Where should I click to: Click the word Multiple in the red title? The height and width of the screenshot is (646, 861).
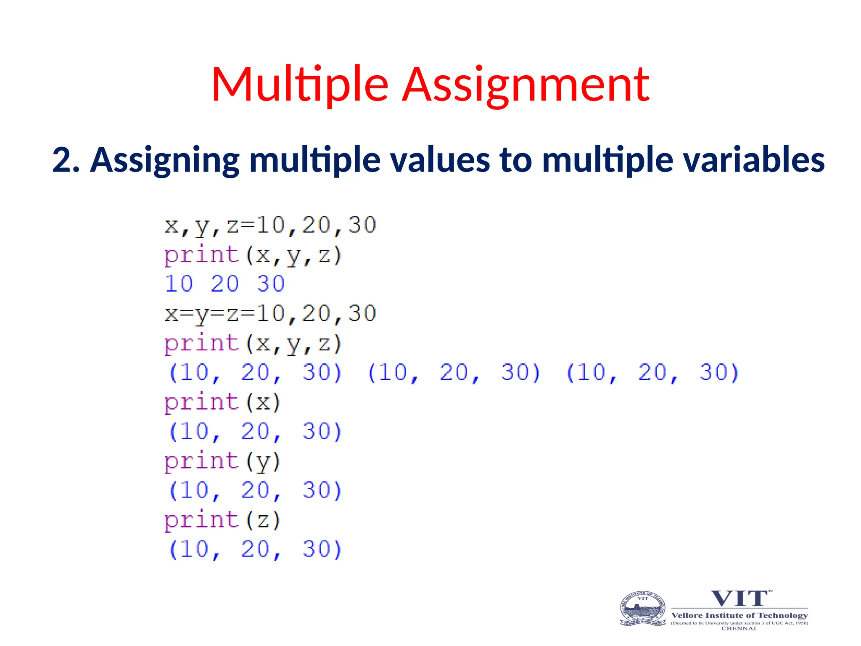tap(299, 85)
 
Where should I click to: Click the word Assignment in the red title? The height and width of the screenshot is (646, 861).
tap(526, 85)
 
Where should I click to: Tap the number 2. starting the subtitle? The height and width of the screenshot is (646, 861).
tap(66, 160)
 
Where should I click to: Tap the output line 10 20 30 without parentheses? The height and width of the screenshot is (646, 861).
tap(224, 284)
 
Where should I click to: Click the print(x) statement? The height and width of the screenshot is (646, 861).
tap(222, 402)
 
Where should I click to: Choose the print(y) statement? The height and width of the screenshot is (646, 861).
tap(222, 462)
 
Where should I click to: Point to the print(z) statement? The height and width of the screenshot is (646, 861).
tap(222, 521)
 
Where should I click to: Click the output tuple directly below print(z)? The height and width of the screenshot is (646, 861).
tap(256, 550)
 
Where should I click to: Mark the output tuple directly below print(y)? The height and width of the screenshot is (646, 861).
tap(256, 491)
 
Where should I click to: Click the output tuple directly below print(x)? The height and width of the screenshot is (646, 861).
tap(256, 432)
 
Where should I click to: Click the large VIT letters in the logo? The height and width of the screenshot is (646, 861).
tap(740, 598)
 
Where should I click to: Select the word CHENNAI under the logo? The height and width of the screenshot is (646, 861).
tap(739, 629)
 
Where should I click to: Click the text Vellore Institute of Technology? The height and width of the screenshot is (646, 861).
tap(740, 615)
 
